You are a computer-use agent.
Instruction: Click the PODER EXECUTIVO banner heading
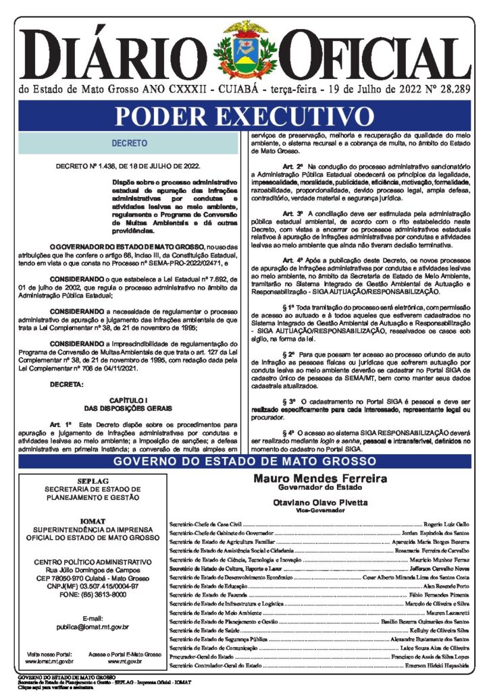tap(244, 116)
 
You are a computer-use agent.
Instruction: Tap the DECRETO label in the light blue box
tap(129, 144)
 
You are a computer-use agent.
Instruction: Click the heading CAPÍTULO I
tap(129, 400)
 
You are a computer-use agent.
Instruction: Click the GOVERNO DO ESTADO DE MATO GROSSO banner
tap(244, 462)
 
